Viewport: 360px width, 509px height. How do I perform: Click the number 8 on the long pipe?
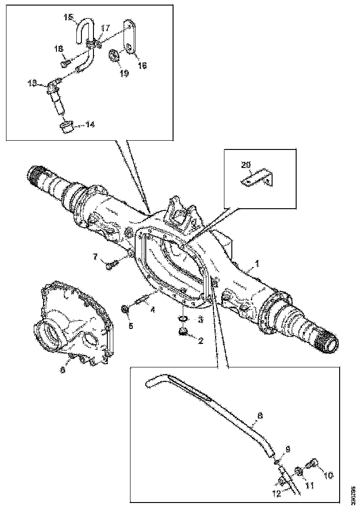click(260, 416)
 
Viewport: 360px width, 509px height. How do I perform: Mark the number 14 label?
click(90, 125)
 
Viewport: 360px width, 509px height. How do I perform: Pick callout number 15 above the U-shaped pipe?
click(68, 18)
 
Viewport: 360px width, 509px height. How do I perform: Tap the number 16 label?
click(143, 66)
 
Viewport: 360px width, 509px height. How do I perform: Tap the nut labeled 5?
click(125, 309)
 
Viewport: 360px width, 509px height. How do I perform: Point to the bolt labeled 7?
click(111, 265)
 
